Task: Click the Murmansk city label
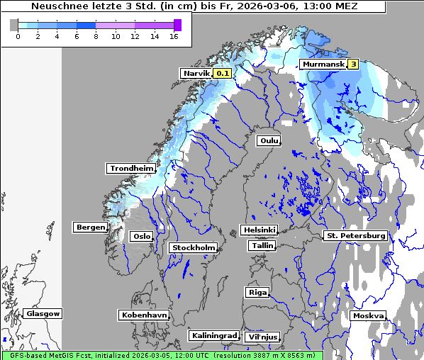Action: coord(323,64)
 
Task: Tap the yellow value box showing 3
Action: coord(352,64)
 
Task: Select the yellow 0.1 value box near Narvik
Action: coord(223,73)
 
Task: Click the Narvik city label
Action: coord(196,73)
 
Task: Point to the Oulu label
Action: coord(268,141)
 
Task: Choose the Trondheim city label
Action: coord(131,169)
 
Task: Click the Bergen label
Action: coord(89,227)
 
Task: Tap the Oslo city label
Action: coord(142,236)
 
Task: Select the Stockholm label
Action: coord(193,247)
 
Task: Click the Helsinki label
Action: coord(259,230)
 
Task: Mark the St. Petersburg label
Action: coord(355,235)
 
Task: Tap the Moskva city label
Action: coord(368,315)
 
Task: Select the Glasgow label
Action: coord(43,313)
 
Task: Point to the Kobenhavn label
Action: coord(145,315)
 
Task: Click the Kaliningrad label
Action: coord(213,335)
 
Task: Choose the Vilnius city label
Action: coord(262,337)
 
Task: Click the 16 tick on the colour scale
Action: coord(173,36)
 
